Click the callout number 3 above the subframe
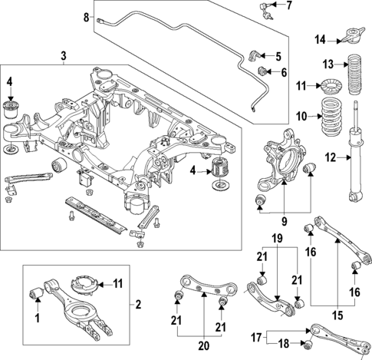coord(62,55)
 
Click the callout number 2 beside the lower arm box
coord(138,305)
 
